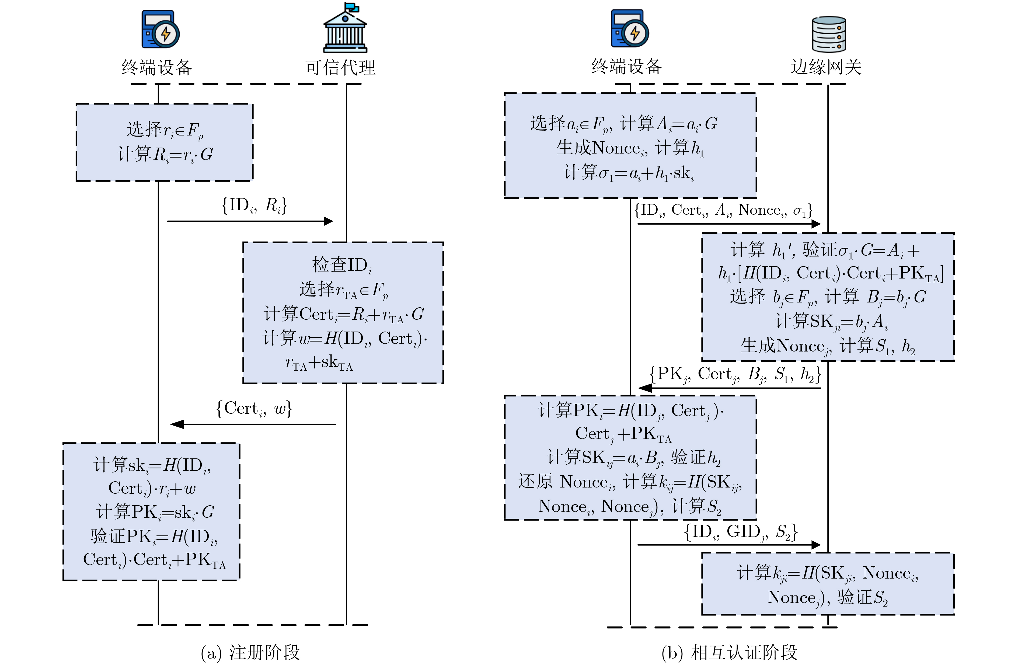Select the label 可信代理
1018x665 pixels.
coord(340,68)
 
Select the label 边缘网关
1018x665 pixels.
coord(826,67)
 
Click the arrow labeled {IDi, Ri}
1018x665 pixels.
coord(250,221)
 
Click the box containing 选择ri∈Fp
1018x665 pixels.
coord(164,142)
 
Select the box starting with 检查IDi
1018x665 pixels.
coord(343,313)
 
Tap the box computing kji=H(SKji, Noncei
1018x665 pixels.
coord(828,584)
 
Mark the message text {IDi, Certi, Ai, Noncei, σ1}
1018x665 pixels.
coord(723,210)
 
